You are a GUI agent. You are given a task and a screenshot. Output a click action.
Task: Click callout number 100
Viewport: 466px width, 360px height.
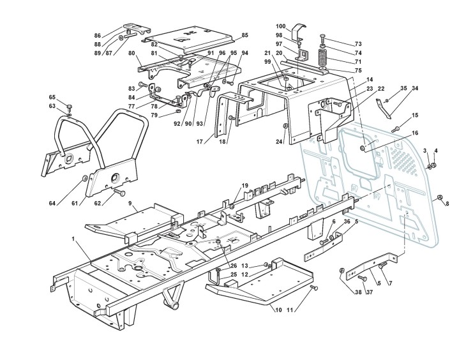(x=281, y=26)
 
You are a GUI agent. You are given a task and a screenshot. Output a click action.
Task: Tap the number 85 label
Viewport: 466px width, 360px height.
(x=245, y=34)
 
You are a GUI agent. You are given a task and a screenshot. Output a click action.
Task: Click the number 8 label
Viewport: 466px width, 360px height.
(x=447, y=204)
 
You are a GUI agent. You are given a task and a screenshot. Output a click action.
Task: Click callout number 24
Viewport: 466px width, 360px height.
(x=278, y=142)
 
